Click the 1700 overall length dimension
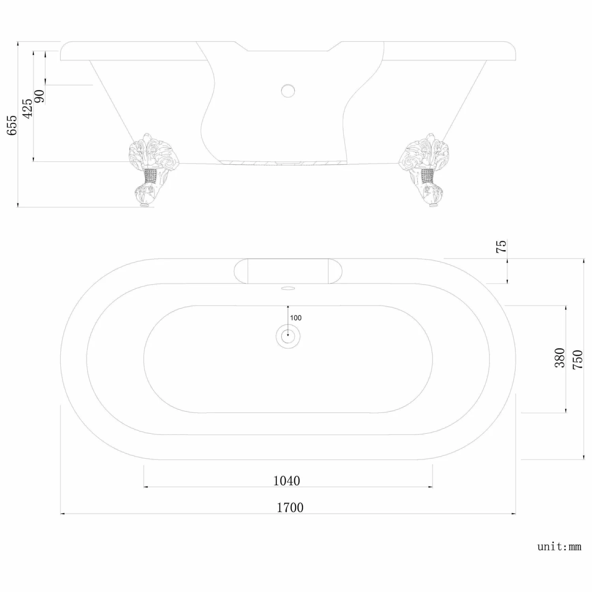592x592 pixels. point(290,507)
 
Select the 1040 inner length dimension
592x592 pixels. point(287,481)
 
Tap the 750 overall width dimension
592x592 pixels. point(577,359)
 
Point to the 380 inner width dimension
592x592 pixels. point(560,358)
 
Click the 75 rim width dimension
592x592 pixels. point(501,247)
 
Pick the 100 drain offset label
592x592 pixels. point(296,318)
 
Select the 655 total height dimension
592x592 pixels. point(12,125)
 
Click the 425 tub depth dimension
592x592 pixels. point(27,109)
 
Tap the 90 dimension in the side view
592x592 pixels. point(39,96)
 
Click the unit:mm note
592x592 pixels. point(559,547)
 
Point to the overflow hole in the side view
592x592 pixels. point(288,90)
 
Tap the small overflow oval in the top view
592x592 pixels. point(288,289)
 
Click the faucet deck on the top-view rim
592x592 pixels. point(288,271)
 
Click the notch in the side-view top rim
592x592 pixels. point(288,46)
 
